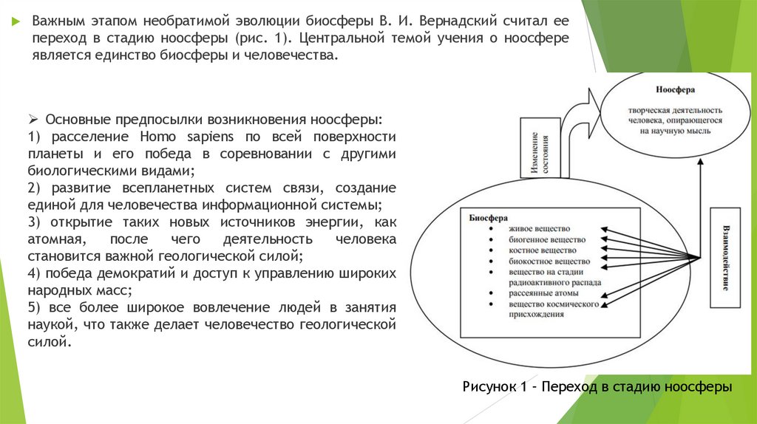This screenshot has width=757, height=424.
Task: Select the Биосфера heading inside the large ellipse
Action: [x=488, y=218]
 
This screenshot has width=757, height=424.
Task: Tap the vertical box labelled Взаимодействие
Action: [x=724, y=257]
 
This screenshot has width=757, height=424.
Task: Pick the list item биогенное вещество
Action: [x=546, y=240]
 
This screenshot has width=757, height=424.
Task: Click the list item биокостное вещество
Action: [x=549, y=261]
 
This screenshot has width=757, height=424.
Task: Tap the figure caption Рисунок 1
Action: [x=597, y=387]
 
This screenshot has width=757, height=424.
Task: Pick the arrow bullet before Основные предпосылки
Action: [x=33, y=120]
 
